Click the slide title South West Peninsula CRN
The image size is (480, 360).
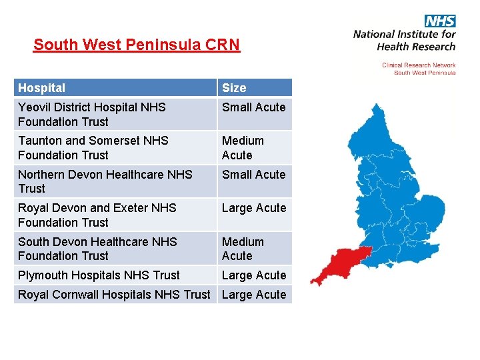(x=136, y=45)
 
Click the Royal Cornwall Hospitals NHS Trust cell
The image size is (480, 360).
(x=114, y=295)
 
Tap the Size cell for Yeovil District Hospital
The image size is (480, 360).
(x=253, y=107)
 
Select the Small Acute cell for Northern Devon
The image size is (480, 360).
(x=253, y=175)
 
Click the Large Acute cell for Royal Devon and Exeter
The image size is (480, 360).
(x=253, y=208)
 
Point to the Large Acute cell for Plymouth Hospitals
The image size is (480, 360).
(x=253, y=275)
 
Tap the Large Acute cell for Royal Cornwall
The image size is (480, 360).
(x=253, y=295)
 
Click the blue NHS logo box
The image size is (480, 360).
(x=440, y=21)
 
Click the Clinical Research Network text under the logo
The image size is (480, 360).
(x=419, y=65)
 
